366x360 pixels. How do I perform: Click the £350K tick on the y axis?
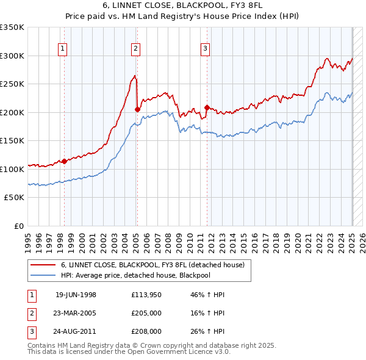pyautogui.click(x=12, y=27)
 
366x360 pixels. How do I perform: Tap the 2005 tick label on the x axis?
pyautogui.click(x=137, y=237)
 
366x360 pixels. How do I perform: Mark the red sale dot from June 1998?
pyautogui.click(x=64, y=162)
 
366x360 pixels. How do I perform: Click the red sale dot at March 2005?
pyautogui.click(x=137, y=110)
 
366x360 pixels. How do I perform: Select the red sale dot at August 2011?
pyautogui.click(x=207, y=108)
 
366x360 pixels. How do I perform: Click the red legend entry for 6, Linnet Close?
pyautogui.click(x=152, y=265)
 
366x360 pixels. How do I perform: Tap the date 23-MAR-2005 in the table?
pyautogui.click(x=76, y=313)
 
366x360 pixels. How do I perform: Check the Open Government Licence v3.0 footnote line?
pyautogui.click(x=129, y=352)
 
